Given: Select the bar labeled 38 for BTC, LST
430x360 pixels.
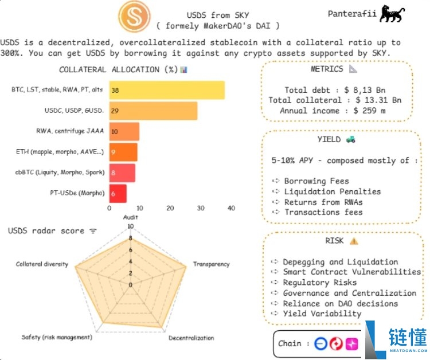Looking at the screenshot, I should pos(166,91).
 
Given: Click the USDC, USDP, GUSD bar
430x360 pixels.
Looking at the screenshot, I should pos(153,111).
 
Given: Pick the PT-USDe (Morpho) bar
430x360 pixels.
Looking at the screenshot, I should pos(118,194).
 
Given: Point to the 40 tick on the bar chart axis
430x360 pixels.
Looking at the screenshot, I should pos(231,209).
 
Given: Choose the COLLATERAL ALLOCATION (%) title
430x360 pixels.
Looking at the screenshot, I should pos(118,70).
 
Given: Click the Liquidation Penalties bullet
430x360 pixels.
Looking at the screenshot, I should pos(332,191).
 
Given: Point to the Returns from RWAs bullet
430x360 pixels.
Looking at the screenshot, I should pos(323,202).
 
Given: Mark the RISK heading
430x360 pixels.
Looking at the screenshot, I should pos(334,241).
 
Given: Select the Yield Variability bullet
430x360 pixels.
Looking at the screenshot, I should pos(322,314).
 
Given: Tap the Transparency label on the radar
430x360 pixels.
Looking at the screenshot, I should pos(211,264).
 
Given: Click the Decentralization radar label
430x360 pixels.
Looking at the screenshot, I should pos(191,338).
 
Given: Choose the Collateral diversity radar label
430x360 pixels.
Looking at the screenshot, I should pos(42,264).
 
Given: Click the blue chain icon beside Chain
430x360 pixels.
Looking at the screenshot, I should pos(320,343).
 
